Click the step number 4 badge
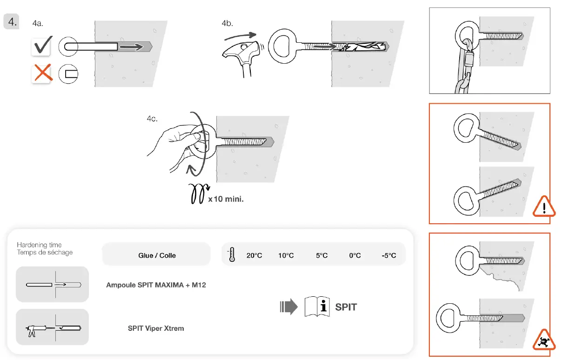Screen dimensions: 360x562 click(11, 21)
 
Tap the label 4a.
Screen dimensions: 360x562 click(38, 23)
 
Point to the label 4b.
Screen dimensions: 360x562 click(227, 23)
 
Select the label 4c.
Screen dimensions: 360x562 click(152, 119)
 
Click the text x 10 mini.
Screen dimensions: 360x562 click(226, 199)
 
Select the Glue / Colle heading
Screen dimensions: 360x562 click(157, 255)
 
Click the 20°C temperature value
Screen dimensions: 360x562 click(254, 255)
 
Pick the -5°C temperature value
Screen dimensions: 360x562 click(388, 255)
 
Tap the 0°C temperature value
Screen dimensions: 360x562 click(355, 255)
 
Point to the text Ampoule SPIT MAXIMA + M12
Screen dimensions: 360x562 click(156, 285)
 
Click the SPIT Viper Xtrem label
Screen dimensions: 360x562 click(156, 328)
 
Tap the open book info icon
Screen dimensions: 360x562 click(317, 307)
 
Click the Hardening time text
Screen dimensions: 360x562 click(39, 245)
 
